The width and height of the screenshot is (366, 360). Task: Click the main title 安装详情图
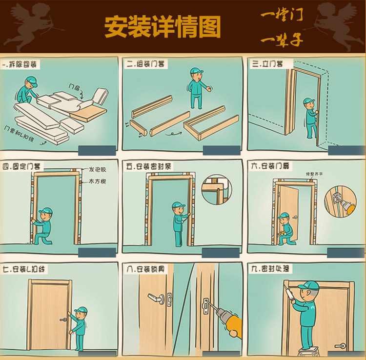click(163, 26)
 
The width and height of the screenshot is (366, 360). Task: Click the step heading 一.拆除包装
click(21, 64)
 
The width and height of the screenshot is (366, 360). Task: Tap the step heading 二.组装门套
click(145, 63)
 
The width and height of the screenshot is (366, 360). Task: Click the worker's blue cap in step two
click(196, 72)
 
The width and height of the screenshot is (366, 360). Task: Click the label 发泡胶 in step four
click(97, 170)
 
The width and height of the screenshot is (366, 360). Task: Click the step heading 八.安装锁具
click(145, 269)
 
